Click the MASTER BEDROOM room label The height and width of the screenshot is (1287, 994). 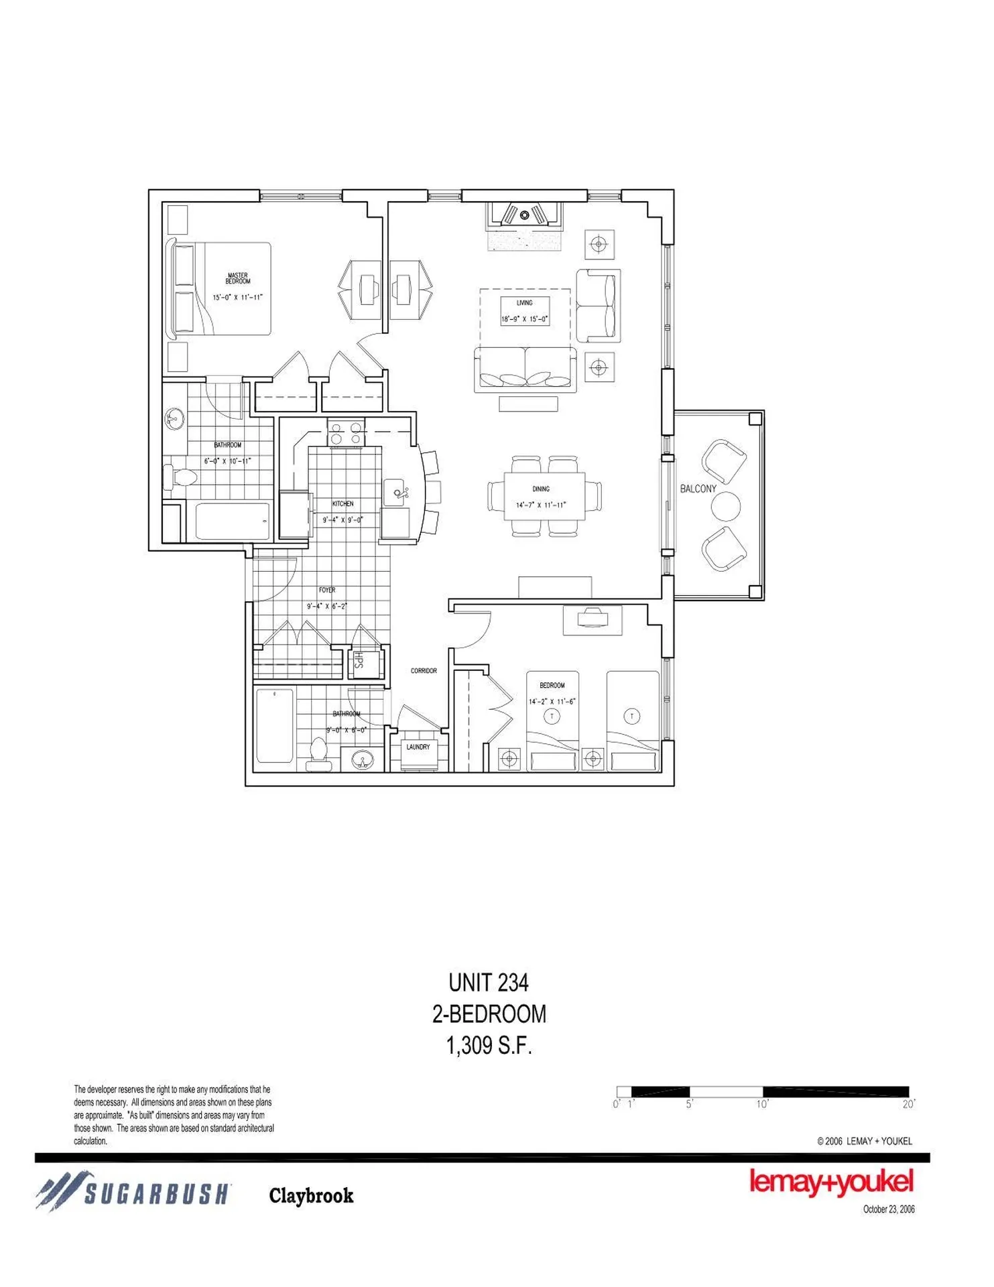pos(237,278)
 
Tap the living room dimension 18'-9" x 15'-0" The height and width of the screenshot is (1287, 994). pos(525,320)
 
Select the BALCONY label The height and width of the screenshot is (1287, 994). pos(698,489)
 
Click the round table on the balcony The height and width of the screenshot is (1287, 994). pos(726,507)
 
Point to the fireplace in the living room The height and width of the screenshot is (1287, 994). pos(525,214)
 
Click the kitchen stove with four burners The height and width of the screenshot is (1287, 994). pos(346,433)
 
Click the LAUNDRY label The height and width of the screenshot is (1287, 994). pos(418,747)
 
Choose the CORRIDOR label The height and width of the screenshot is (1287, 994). pos(424,670)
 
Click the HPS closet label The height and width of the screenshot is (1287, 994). pos(359,660)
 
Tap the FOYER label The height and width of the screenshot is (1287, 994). pos(327,590)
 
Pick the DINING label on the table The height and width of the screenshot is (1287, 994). pos(541,489)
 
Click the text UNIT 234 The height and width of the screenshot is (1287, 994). pos(489,983)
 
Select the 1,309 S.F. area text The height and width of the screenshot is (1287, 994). pos(489,1045)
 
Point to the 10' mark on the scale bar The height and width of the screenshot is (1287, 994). pos(762,1104)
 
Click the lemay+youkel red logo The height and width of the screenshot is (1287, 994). pos(830,1182)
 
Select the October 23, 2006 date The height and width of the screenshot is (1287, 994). pos(888,1209)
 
